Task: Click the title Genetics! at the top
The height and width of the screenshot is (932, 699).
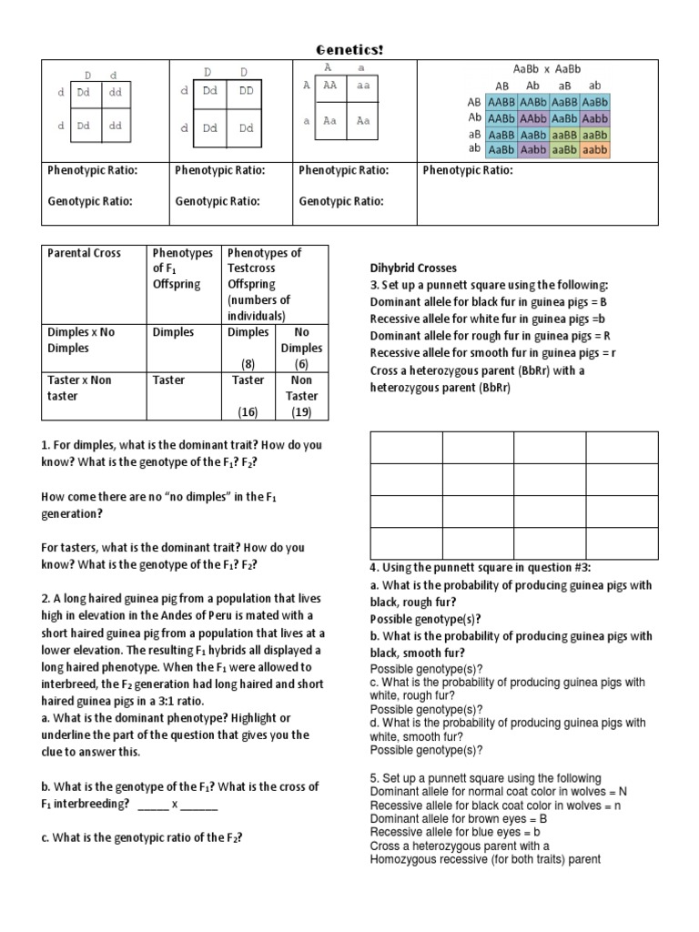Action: (x=349, y=49)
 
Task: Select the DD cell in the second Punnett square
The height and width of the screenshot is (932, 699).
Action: (x=245, y=91)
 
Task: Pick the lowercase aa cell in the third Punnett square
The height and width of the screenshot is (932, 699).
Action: (x=364, y=85)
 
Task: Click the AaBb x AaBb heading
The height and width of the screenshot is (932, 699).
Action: (x=547, y=69)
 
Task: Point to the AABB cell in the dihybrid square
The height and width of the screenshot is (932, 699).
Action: (x=501, y=102)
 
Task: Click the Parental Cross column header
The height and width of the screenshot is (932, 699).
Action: (x=84, y=253)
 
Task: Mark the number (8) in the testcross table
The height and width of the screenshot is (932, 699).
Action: (x=248, y=364)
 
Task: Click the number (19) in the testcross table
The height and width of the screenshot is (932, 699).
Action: (x=301, y=412)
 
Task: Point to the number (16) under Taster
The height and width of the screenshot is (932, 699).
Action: (x=248, y=412)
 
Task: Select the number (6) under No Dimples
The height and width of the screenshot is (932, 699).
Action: (x=301, y=364)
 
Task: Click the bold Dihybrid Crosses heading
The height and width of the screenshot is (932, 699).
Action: (x=413, y=268)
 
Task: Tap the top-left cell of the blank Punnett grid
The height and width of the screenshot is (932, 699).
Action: (x=406, y=448)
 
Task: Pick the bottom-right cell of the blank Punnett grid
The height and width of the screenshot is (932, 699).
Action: (x=622, y=543)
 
